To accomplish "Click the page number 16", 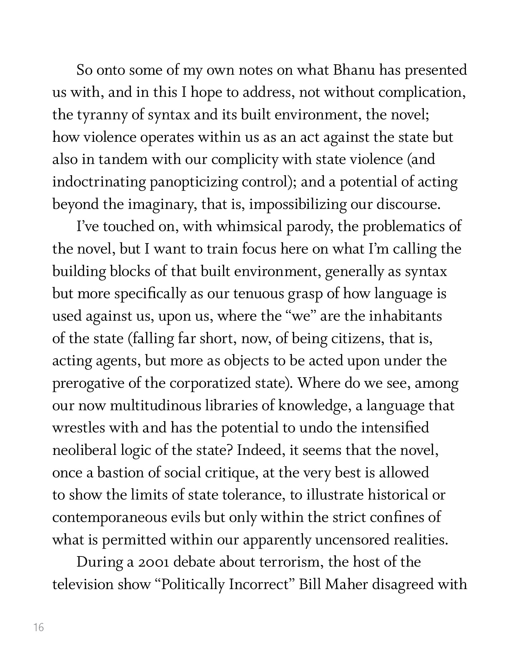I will [x=39, y=627].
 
